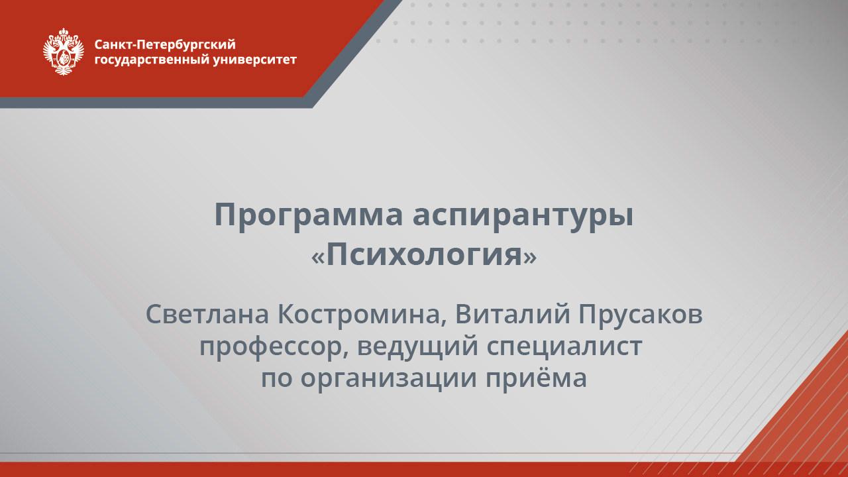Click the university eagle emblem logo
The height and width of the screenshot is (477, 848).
63,52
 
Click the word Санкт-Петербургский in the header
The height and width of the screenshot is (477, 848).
165,45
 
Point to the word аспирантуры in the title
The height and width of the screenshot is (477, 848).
523,216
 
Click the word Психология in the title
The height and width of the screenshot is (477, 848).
424,255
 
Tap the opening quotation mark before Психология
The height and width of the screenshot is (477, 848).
318,257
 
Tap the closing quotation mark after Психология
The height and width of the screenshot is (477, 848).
530,257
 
